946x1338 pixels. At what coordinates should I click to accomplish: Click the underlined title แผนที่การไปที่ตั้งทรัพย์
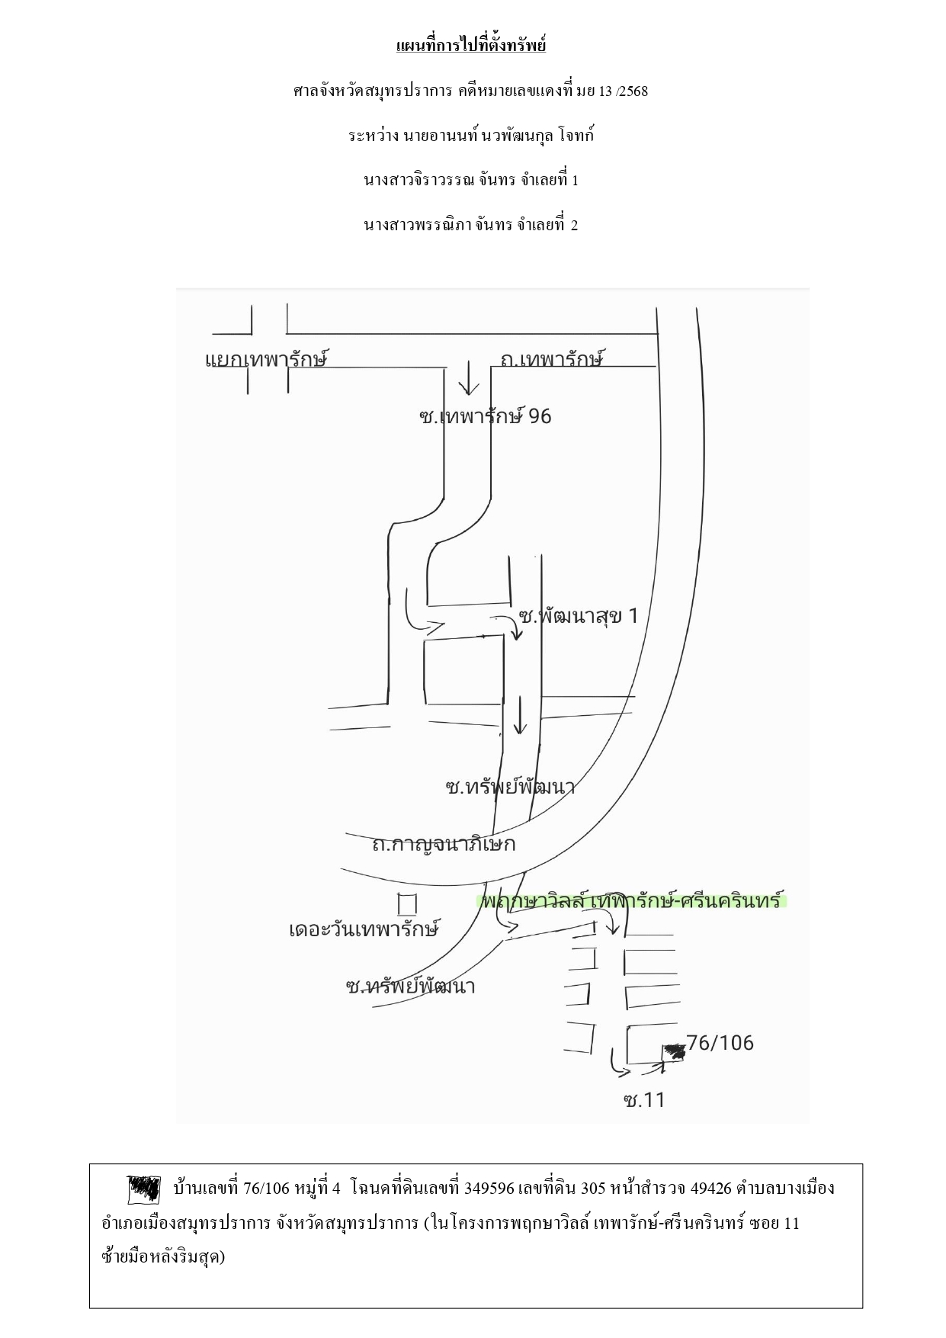(x=471, y=46)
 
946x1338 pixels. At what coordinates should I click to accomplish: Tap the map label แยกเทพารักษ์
(x=267, y=359)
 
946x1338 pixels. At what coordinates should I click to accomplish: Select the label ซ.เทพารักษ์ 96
(x=485, y=416)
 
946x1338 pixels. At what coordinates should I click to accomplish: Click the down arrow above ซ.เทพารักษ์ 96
(x=468, y=380)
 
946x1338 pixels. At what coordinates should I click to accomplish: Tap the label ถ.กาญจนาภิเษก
(x=444, y=844)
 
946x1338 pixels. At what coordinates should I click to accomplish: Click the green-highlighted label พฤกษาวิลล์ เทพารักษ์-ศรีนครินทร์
(x=632, y=900)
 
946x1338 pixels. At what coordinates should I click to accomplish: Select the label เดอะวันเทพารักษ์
(x=364, y=929)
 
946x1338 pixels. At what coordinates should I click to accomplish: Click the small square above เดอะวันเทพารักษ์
(x=408, y=903)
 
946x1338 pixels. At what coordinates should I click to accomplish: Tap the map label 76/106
(x=720, y=1042)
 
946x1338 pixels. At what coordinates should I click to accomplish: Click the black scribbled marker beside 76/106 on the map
(x=674, y=1052)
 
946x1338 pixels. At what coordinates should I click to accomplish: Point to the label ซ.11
(x=644, y=1100)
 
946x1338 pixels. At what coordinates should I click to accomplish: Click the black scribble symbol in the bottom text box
(x=143, y=1189)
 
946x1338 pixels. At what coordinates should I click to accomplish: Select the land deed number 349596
(x=489, y=1188)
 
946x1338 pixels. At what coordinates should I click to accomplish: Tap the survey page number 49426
(x=710, y=1188)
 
